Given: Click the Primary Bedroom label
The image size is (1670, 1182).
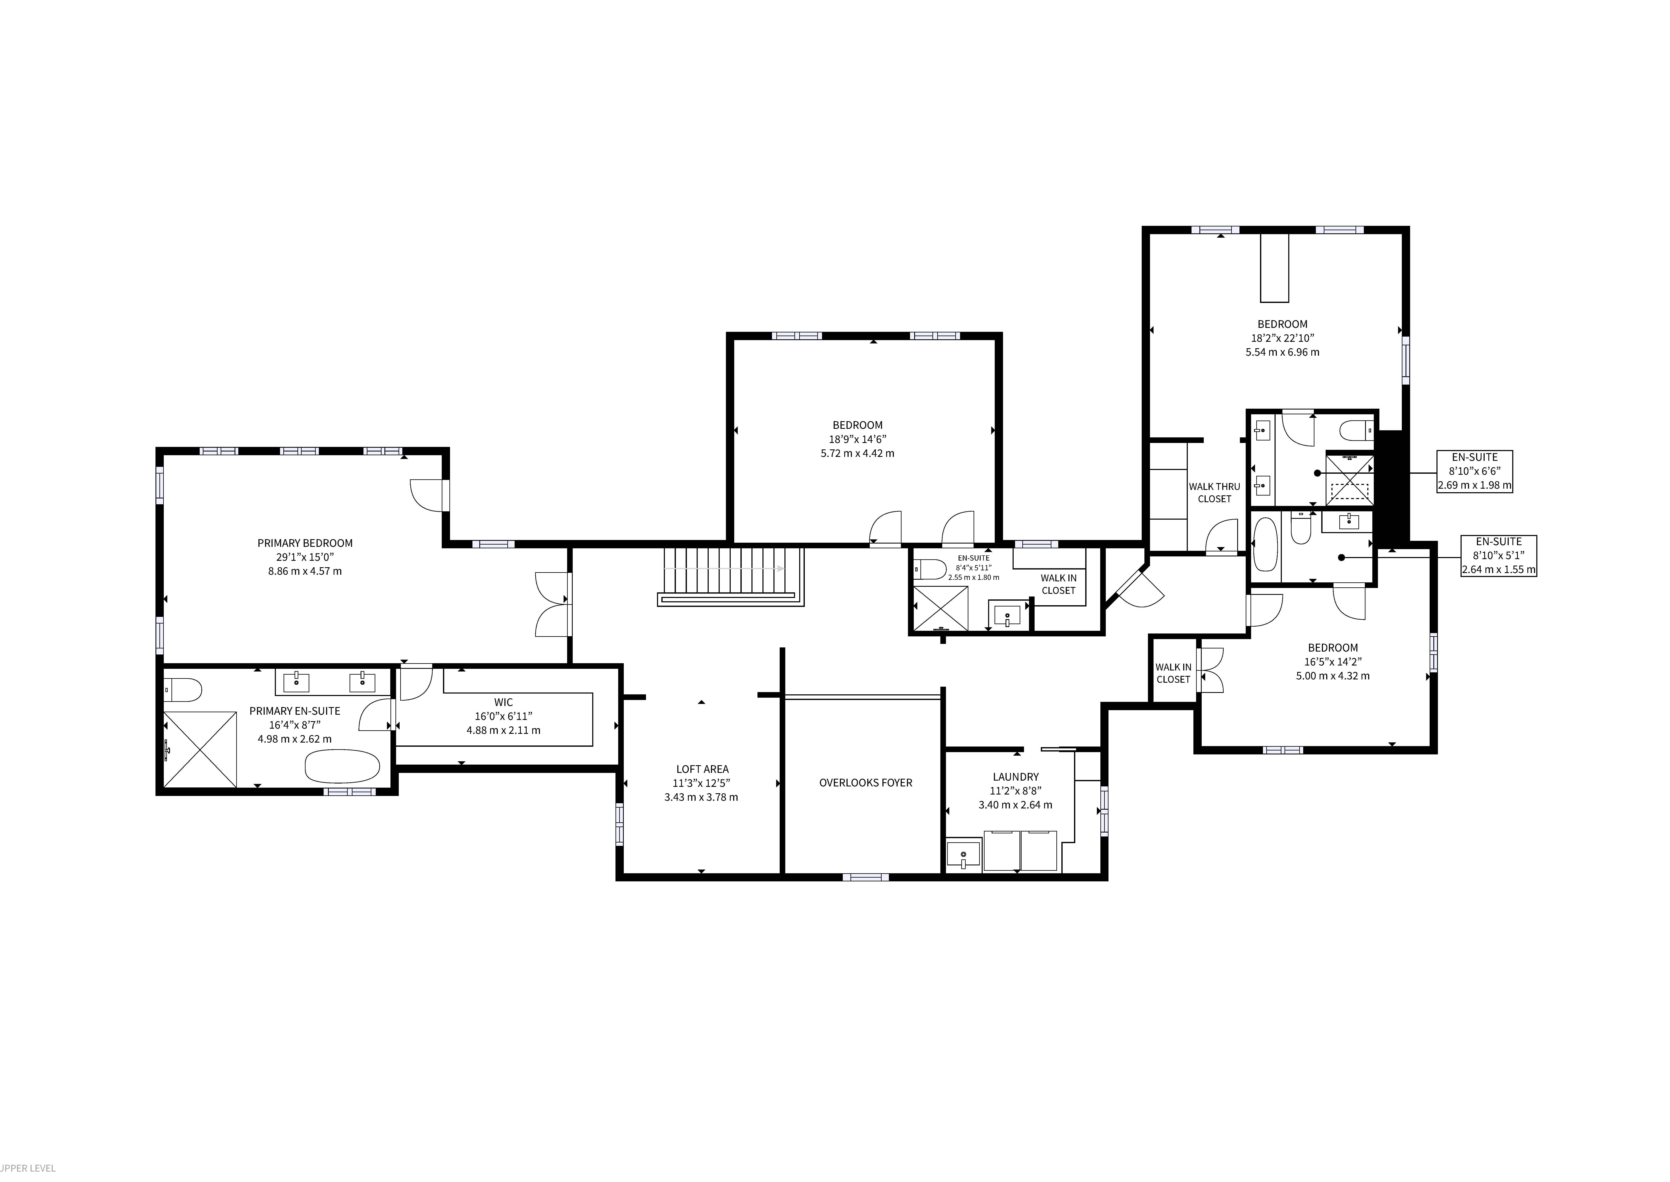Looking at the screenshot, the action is (305, 543).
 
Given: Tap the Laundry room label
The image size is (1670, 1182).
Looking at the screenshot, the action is (1015, 777).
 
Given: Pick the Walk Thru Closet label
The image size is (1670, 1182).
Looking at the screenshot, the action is (1215, 493).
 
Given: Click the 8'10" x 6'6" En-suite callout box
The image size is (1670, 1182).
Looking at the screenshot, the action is (1474, 471).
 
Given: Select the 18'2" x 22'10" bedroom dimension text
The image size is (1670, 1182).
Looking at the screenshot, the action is (1282, 338).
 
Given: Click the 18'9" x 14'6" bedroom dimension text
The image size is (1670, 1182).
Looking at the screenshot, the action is (858, 439).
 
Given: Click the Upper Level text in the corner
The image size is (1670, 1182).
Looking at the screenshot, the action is (28, 1168).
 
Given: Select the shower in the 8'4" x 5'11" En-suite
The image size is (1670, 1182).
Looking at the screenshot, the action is (941, 609).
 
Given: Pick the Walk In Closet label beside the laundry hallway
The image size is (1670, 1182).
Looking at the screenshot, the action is (1173, 673).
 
